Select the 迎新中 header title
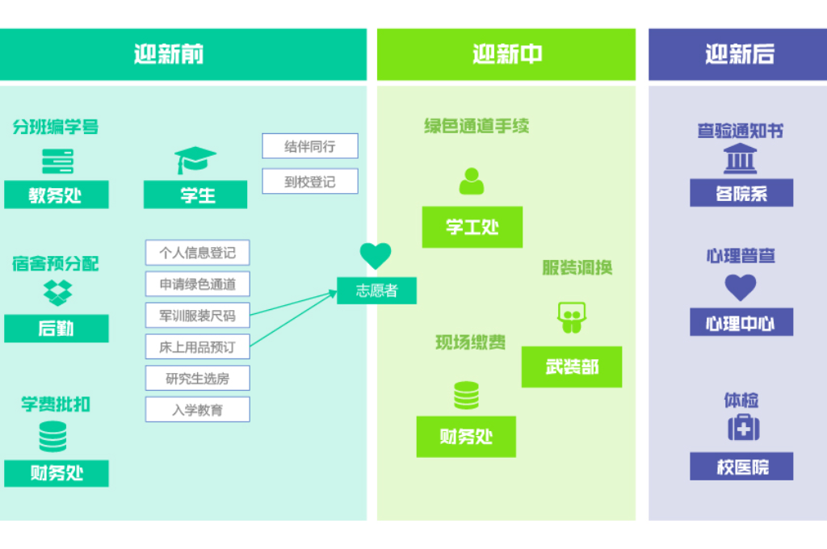point(506,55)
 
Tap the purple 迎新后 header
point(737,55)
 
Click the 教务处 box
point(56,195)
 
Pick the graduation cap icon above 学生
point(195,160)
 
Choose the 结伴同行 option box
point(309,146)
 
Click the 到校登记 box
point(309,182)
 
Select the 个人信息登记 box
point(197,253)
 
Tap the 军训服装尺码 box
point(197,316)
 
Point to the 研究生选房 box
point(197,378)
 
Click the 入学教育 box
point(197,409)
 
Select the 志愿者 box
point(376,291)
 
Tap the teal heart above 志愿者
point(376,256)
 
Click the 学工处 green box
point(472,227)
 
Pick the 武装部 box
point(572,367)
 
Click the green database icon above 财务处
point(466,396)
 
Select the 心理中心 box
point(741,322)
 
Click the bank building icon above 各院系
point(740,159)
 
